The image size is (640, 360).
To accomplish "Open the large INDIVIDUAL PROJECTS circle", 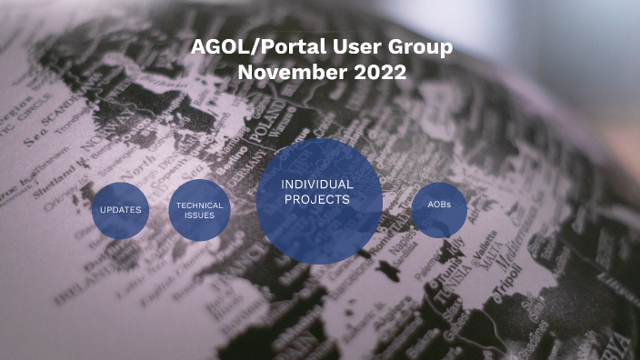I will click(x=317, y=201).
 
